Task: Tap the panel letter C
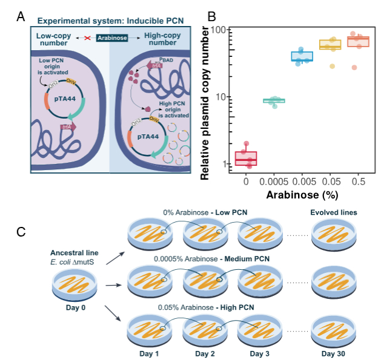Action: point(21,231)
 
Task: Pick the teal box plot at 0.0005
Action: point(274,100)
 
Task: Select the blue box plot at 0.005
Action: point(302,56)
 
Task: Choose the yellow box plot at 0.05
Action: point(330,45)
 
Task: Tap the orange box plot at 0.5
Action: point(358,42)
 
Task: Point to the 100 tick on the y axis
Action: point(218,30)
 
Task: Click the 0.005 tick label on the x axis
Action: point(302,180)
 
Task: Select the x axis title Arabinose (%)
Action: point(302,195)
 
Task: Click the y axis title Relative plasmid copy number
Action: point(206,103)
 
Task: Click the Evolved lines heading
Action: point(332,213)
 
